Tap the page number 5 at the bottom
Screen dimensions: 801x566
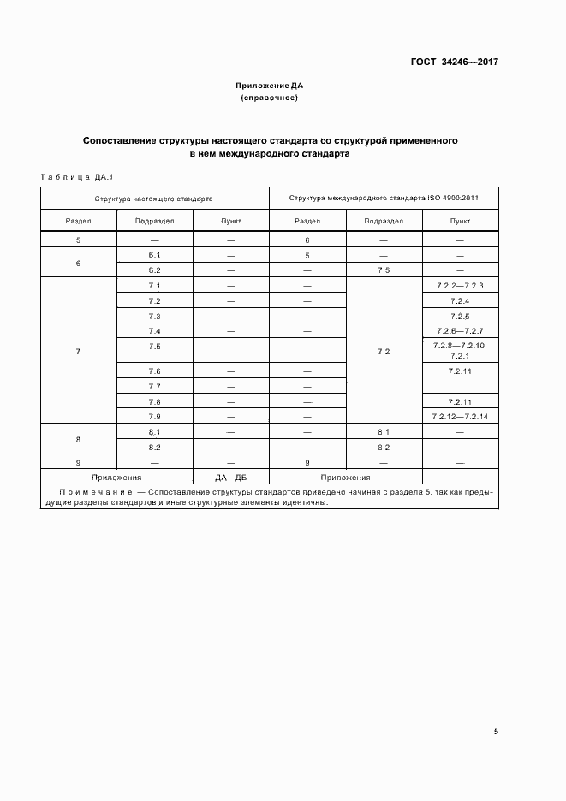point(497,732)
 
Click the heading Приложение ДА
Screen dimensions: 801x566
point(270,86)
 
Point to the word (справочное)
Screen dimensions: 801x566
point(270,98)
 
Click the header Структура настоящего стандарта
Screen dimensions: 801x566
point(154,198)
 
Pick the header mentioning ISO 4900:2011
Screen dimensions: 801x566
point(384,198)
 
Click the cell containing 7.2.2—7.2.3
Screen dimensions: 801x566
point(460,285)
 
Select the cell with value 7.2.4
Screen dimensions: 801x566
point(460,301)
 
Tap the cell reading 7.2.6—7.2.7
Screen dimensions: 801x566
point(460,331)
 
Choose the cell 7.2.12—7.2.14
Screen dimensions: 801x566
point(460,416)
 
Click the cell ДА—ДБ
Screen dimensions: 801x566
point(231,478)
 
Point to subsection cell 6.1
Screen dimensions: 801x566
point(155,256)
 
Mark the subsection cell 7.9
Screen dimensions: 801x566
point(155,416)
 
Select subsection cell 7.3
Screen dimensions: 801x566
point(155,317)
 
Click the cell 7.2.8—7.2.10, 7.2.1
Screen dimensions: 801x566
point(460,350)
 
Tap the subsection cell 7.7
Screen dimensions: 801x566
point(155,387)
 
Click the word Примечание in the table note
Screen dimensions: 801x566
point(96,493)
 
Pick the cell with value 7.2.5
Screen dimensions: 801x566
point(460,317)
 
